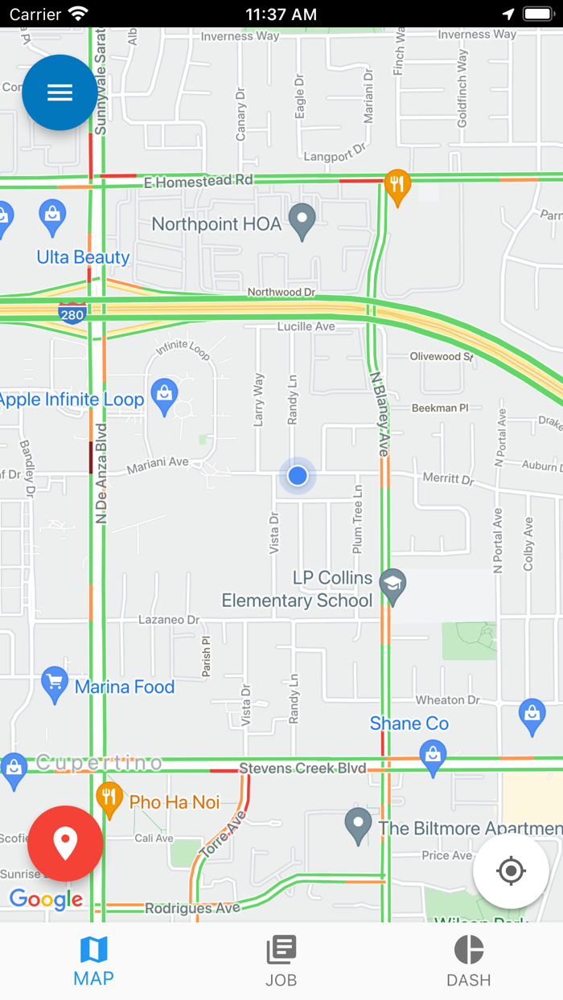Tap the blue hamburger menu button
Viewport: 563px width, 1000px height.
pos(60,92)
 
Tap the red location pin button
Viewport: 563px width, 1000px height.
pos(65,843)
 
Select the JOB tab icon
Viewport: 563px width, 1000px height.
pos(281,950)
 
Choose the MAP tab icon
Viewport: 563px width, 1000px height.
pos(93,950)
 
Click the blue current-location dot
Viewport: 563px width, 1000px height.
pos(298,476)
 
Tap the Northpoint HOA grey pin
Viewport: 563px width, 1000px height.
pos(302,220)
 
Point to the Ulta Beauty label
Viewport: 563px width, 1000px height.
pos(83,257)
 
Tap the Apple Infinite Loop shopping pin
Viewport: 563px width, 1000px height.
pos(165,395)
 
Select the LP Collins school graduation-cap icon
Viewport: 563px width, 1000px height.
pos(393,586)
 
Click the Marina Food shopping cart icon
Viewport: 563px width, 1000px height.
pos(55,683)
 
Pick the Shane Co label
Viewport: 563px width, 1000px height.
pos(409,723)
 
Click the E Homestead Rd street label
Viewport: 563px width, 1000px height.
pos(198,182)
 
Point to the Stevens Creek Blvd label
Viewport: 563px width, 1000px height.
pos(302,768)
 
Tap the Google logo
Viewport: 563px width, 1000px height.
pos(46,900)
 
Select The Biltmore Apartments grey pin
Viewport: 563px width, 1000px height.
pos(358,825)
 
